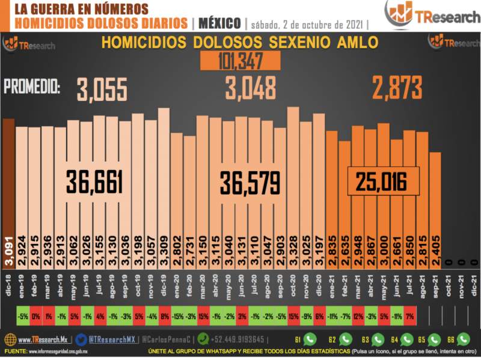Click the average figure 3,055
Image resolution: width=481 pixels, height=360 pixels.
[102, 90]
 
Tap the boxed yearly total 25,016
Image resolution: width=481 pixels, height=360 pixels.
[380, 180]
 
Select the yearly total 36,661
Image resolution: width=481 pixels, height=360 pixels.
[94, 182]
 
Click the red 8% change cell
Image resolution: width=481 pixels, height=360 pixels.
[164, 316]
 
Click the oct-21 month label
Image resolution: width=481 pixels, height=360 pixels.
[447, 283]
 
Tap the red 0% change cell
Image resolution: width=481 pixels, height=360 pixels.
[35, 316]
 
